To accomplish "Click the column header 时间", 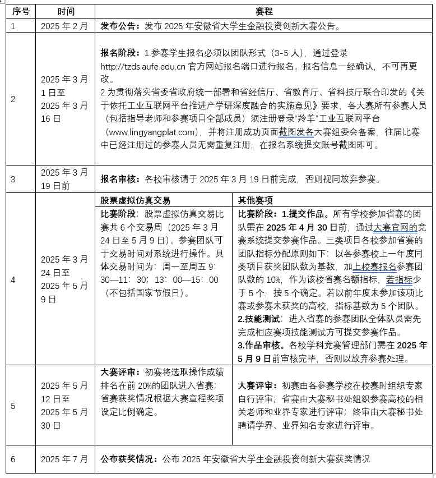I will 66,11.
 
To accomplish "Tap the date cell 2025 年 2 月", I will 64,26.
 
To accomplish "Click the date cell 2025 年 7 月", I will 64,459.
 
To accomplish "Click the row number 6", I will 13,459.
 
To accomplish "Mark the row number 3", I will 13,180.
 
